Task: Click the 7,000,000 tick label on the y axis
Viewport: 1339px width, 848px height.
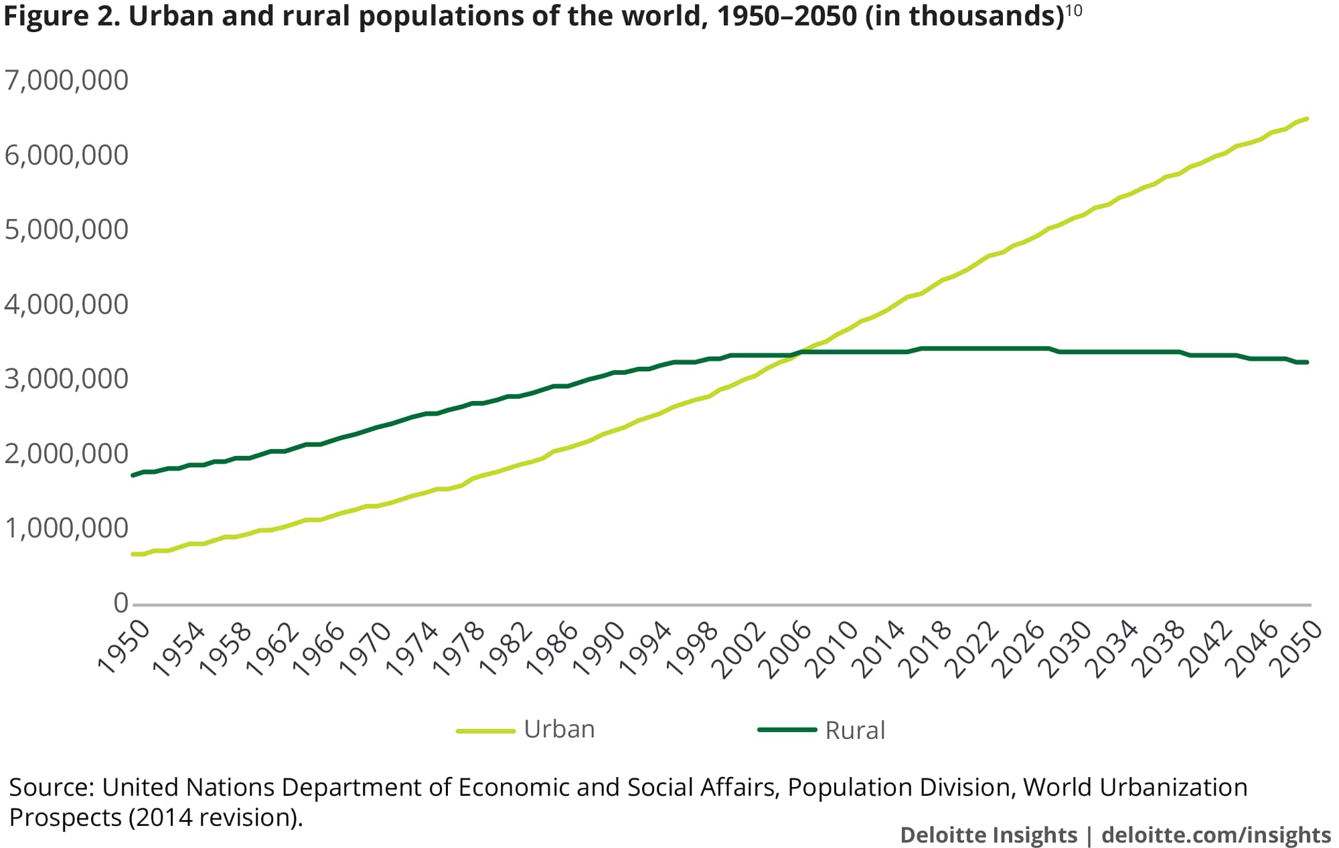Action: (x=66, y=80)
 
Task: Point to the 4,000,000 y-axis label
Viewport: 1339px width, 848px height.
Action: (x=66, y=305)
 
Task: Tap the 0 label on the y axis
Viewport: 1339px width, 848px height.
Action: (x=121, y=603)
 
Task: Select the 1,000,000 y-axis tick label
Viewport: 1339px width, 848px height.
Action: (x=66, y=528)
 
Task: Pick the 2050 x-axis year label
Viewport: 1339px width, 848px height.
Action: (x=1299, y=648)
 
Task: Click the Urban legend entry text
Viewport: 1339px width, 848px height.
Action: (x=559, y=730)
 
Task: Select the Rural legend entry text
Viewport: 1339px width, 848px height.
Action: (x=855, y=730)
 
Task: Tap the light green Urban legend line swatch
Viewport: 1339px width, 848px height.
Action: (x=485, y=731)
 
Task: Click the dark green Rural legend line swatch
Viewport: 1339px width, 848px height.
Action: (x=787, y=730)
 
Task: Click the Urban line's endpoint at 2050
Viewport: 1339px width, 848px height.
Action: (x=1307, y=119)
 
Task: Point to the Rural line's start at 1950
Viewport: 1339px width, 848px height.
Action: (x=133, y=475)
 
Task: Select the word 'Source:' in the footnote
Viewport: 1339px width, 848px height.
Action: (x=51, y=788)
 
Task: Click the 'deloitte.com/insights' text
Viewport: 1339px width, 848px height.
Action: (x=1216, y=835)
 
